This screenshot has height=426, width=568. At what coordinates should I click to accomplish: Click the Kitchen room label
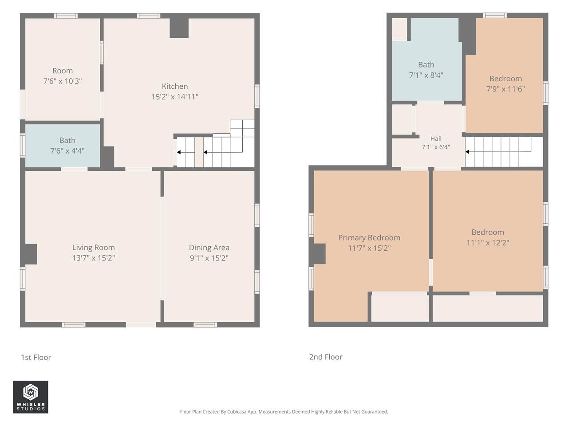[175, 86]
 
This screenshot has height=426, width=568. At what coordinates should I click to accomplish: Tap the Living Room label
[94, 248]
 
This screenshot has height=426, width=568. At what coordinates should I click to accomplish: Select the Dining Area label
[209, 248]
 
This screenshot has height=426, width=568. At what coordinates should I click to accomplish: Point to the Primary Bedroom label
[369, 238]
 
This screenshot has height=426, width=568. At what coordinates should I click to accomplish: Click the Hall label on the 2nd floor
[436, 138]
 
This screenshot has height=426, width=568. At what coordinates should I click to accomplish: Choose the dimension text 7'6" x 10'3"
[63, 81]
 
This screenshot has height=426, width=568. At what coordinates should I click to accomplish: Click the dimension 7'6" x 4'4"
[67, 150]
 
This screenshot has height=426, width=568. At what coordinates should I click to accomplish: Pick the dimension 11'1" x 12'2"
[488, 243]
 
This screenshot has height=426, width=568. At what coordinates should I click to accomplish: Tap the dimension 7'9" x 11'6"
[505, 89]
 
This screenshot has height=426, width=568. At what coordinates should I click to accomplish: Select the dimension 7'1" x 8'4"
[426, 75]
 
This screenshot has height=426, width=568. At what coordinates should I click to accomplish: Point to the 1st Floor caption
[36, 357]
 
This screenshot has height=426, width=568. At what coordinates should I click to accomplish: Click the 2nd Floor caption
[326, 357]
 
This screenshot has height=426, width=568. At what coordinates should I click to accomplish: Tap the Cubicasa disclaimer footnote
[284, 411]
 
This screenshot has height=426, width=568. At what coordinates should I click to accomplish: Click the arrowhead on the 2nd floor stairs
[467, 152]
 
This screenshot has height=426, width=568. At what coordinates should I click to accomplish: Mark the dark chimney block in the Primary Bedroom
[319, 254]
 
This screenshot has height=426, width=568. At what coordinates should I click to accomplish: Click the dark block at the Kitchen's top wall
[179, 28]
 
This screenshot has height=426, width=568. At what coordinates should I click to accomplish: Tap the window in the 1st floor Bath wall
[23, 146]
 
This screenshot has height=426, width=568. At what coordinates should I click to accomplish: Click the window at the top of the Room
[66, 16]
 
